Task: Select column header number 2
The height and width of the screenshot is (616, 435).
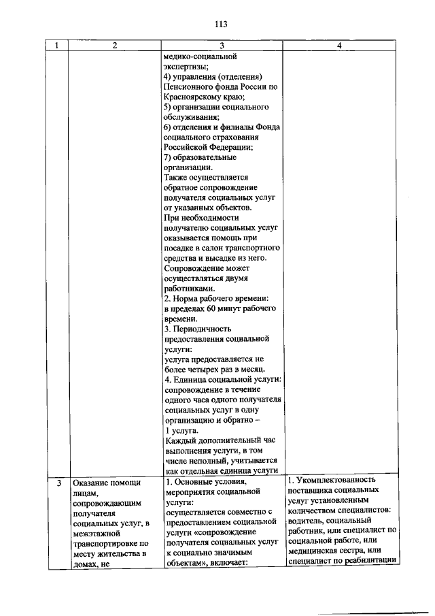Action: (x=114, y=46)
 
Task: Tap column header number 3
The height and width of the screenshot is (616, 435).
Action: (x=220, y=46)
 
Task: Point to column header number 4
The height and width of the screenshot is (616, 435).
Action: (x=338, y=46)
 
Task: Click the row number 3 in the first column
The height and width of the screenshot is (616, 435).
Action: (x=59, y=484)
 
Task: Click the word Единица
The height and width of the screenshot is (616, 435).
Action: (x=192, y=379)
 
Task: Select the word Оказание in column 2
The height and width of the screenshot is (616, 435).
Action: (x=92, y=484)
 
